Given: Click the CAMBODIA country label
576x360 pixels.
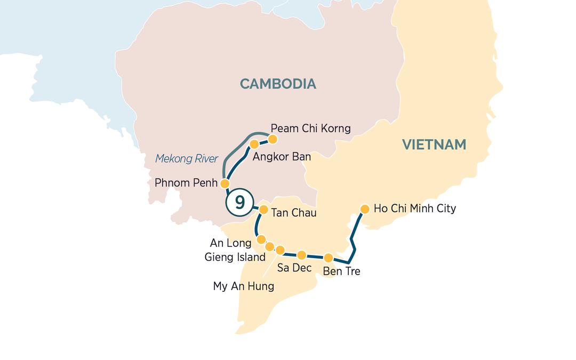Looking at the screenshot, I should (278, 84).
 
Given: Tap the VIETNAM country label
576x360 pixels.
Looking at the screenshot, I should (434, 145).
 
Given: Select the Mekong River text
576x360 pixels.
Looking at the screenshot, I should (187, 159).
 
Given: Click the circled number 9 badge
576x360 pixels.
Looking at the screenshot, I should (239, 203).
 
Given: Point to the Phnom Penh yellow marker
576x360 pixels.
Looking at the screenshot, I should (225, 183).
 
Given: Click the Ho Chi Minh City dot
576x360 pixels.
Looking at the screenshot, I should (365, 209).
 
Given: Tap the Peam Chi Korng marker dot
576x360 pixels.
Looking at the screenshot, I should (273, 139).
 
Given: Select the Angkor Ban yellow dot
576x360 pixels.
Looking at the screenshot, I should (254, 144).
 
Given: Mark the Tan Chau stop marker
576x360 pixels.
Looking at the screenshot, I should (262, 210).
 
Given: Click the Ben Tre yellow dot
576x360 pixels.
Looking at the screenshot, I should (329, 258).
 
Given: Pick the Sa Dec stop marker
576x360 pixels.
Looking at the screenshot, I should (301, 255).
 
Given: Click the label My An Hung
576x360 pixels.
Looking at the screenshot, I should (243, 286).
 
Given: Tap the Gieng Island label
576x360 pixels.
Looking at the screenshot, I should (235, 258).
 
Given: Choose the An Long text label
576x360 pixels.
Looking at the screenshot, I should (230, 243).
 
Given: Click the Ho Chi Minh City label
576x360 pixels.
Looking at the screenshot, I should (414, 209).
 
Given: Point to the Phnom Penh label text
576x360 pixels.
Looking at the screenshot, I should (186, 183).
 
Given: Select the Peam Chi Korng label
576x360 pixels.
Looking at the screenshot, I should (310, 129).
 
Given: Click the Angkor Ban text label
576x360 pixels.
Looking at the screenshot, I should (282, 157).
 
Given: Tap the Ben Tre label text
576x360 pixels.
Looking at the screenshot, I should (341, 271).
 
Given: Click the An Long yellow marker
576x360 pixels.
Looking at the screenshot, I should (261, 239).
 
